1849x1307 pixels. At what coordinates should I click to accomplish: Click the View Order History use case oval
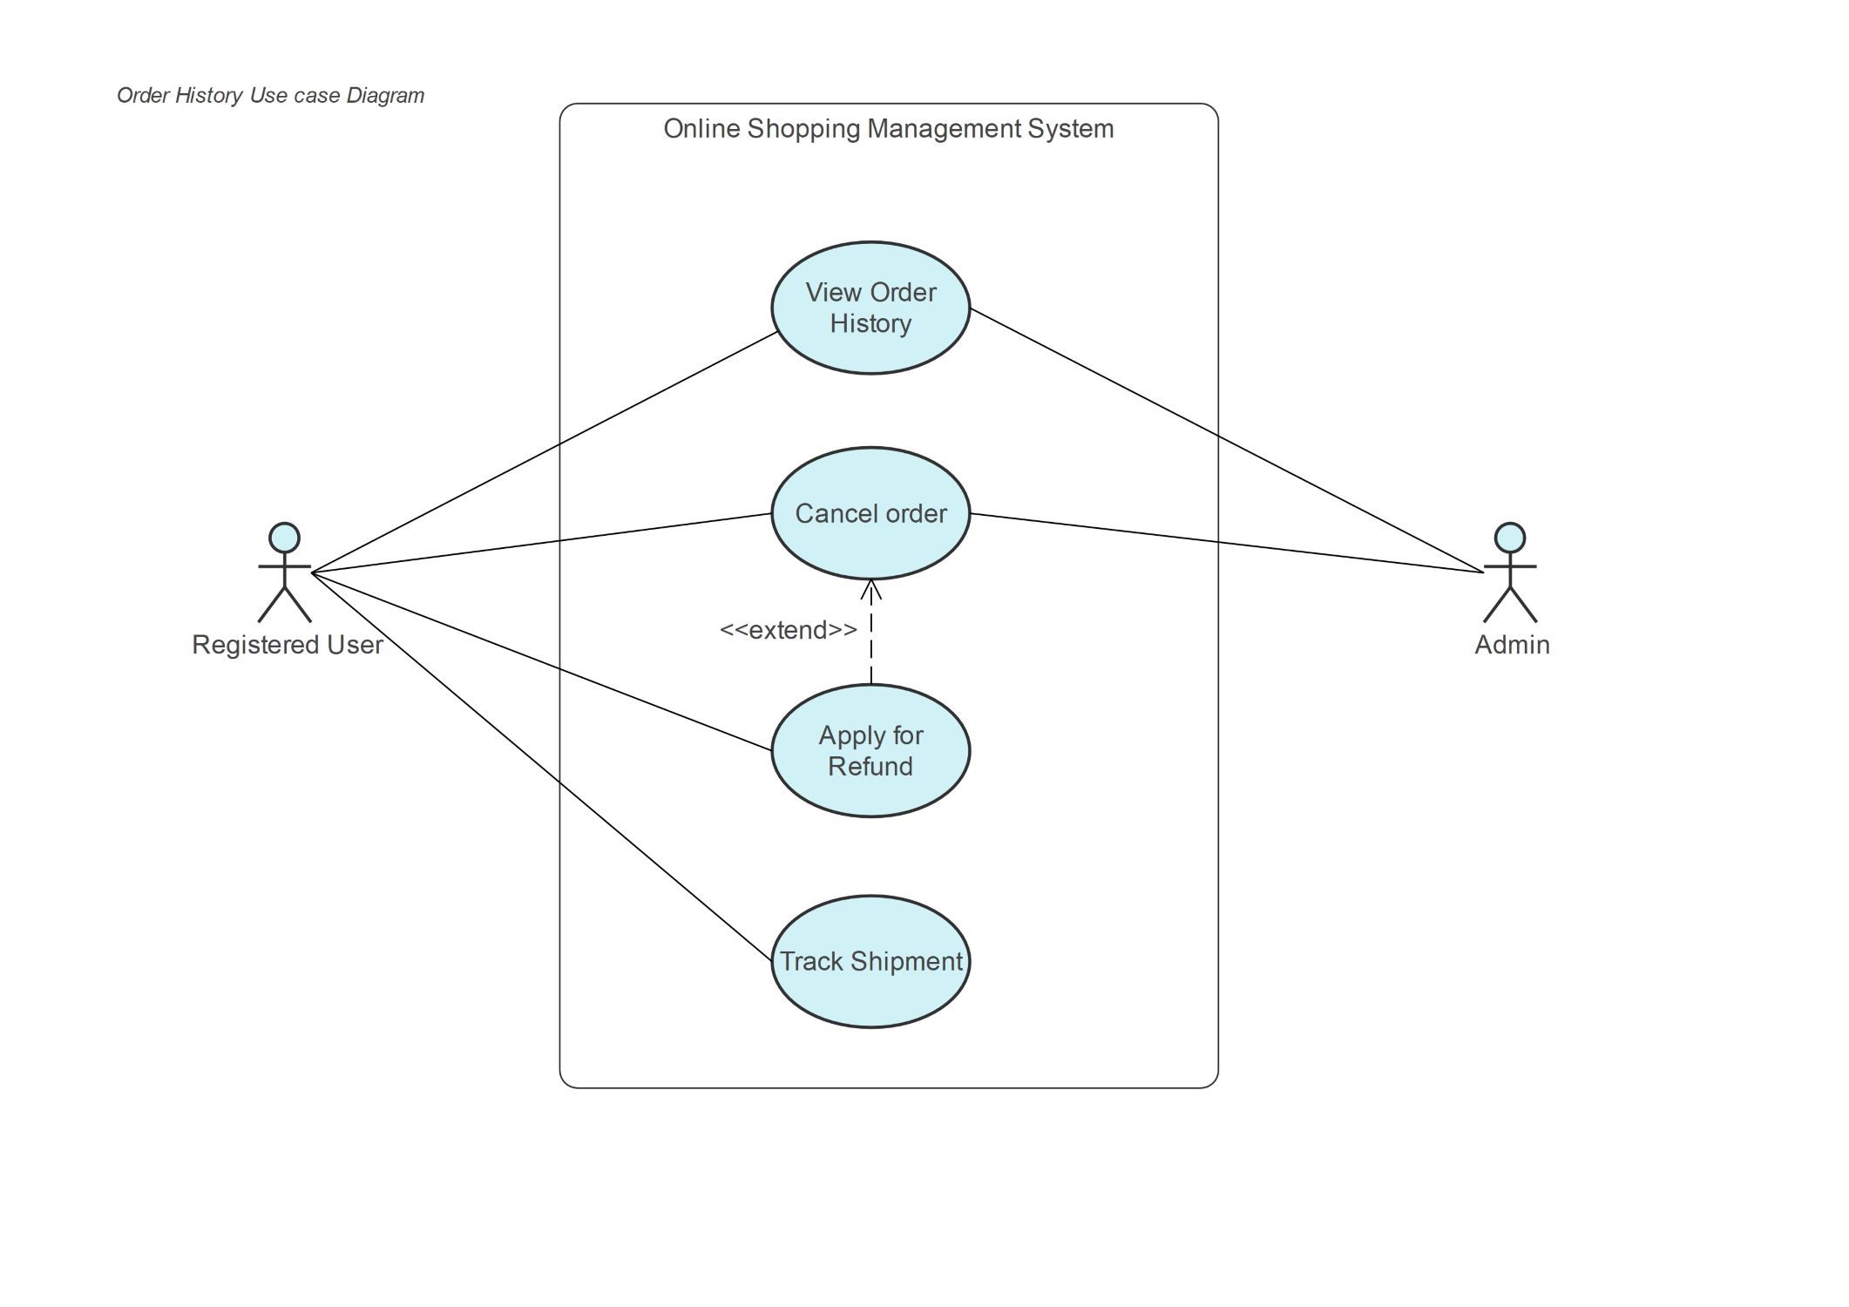coord(870,308)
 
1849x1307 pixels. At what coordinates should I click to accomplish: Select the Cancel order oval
coord(870,513)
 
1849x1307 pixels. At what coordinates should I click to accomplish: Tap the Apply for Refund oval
coord(870,750)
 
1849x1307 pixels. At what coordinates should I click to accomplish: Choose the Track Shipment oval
coord(870,961)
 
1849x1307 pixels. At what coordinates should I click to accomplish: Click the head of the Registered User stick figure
coord(284,538)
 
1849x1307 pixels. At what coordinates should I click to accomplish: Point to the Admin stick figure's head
coord(1510,538)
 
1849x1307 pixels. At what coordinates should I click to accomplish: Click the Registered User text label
coord(288,645)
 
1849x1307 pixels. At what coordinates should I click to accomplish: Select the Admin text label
coord(1512,645)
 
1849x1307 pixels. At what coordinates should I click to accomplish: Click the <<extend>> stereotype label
coord(789,630)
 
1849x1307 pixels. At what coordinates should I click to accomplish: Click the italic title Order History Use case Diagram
coord(271,95)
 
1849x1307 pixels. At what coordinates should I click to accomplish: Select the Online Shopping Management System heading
coord(889,129)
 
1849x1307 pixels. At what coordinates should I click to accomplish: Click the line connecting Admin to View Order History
coord(1227,440)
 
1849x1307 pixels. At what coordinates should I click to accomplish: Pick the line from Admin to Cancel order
coord(1227,543)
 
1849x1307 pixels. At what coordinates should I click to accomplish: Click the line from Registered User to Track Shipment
coord(542,767)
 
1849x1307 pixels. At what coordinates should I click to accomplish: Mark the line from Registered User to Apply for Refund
coord(542,661)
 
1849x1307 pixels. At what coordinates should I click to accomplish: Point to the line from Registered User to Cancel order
coord(542,543)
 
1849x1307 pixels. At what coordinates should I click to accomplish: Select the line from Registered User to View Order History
coord(545,451)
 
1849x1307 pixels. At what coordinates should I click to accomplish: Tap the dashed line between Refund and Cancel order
coord(870,632)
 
